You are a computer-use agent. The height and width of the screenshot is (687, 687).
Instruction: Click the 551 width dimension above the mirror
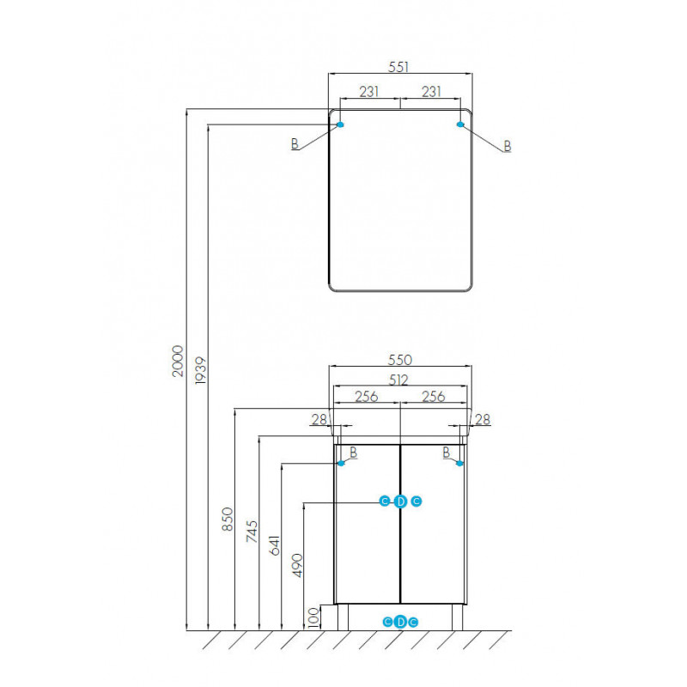coord(398,67)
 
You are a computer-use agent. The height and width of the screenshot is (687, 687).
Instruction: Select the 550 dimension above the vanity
coord(400,360)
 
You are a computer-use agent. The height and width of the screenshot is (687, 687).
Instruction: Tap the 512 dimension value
coord(398,380)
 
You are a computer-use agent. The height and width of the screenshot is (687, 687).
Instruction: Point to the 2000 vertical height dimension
coord(178,361)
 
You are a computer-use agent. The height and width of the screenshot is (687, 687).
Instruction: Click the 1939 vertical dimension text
coord(201,370)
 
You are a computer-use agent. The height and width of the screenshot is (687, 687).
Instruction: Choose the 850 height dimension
coord(228,520)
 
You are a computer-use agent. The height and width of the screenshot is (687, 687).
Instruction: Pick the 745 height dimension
coord(252,532)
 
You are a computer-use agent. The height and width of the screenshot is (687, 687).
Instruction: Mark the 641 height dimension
coord(274,545)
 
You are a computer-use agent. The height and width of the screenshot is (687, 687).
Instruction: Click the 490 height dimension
coord(297,566)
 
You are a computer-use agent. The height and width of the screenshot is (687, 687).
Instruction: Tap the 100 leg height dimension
coord(313,617)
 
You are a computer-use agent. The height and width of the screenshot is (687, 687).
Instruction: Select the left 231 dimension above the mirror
coord(369,92)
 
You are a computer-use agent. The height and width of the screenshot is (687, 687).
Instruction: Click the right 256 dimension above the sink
coord(434,396)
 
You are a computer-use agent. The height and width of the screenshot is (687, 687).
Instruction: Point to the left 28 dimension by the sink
coord(319,419)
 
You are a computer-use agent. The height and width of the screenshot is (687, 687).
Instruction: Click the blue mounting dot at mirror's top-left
coord(340,125)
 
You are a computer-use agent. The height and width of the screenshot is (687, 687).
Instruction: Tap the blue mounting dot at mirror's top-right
coord(460,125)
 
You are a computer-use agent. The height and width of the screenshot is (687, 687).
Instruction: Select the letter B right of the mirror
coord(508,146)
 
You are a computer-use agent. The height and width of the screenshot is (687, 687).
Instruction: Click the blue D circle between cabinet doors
coord(400,502)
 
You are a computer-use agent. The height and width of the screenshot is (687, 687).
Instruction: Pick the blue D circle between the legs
coord(400,622)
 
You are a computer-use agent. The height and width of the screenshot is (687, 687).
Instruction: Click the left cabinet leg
coord(343,617)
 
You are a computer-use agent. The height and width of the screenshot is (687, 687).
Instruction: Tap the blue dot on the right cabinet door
coord(459,463)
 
